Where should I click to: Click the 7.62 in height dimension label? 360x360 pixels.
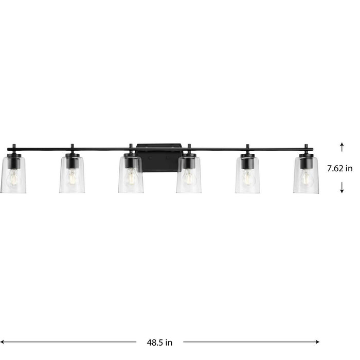[x=340, y=168]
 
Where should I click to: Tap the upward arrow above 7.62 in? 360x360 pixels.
[x=342, y=147]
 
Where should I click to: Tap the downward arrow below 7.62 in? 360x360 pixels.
[x=342, y=189]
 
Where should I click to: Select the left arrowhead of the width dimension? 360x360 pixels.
[x=3, y=341]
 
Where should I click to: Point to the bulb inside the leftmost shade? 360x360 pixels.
[x=13, y=178]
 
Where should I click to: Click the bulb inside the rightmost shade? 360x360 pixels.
[x=306, y=178]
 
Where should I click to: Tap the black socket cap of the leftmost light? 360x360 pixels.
[x=14, y=161]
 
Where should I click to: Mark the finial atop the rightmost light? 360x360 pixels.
[x=306, y=147]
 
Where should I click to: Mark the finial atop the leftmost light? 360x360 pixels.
[x=14, y=147]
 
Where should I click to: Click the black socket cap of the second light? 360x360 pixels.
[x=72, y=161]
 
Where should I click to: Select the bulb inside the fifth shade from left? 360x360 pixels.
[x=247, y=178]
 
